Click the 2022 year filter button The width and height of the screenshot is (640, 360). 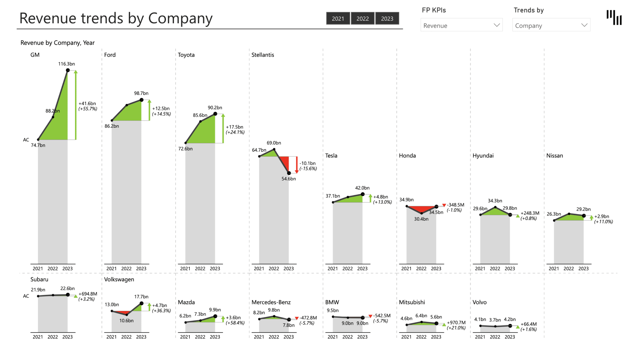click(x=362, y=19)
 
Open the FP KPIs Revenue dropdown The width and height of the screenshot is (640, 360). click(x=461, y=25)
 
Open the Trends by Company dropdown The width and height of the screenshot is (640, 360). click(x=551, y=25)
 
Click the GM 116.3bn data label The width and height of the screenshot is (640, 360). click(x=66, y=64)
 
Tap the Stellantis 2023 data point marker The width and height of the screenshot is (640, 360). click(x=289, y=173)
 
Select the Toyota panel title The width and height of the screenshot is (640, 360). click(x=186, y=55)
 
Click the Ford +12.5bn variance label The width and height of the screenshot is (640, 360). click(x=161, y=109)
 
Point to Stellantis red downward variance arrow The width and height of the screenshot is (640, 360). click(x=297, y=165)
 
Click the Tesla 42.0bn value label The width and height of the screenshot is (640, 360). click(x=362, y=188)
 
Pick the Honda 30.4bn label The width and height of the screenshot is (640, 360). click(x=421, y=219)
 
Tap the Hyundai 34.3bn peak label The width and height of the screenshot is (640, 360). click(x=495, y=201)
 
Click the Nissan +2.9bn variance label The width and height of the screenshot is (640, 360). click(x=601, y=216)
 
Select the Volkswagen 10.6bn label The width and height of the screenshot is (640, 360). click(x=126, y=321)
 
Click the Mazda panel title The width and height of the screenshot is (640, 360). click(x=186, y=302)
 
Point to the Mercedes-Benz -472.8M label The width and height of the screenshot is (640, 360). click(x=308, y=318)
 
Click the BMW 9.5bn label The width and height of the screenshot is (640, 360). click(x=332, y=310)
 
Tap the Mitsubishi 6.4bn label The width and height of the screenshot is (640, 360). click(x=421, y=316)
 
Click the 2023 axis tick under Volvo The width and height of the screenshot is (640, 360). click(x=509, y=337)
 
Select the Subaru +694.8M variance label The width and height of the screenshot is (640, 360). click(x=88, y=294)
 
